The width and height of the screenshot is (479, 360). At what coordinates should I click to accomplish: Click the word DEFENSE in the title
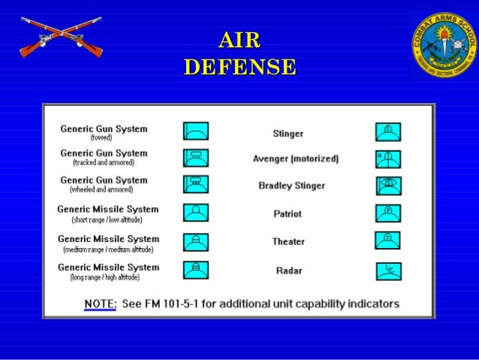pos(239,67)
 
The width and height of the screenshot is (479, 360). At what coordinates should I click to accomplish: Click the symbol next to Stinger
pos(388,132)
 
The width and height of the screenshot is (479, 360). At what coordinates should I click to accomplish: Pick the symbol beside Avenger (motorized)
pos(388,159)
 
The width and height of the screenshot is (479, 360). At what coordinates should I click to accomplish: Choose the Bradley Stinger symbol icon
pos(388,186)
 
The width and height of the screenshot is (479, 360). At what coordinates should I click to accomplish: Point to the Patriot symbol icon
pos(388,213)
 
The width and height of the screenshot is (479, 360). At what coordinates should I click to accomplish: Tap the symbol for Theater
pos(388,241)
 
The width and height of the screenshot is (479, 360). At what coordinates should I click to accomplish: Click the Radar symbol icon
pos(388,271)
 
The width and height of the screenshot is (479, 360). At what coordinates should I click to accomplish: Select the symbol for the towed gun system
pos(196,131)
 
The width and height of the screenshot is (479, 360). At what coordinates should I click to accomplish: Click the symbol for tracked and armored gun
pos(196,157)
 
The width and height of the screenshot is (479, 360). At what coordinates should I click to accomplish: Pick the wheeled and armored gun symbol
pos(196,184)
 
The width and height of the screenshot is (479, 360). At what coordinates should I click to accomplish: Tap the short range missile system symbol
pos(196,213)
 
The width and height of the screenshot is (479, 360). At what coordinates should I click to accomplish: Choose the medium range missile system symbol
pos(196,242)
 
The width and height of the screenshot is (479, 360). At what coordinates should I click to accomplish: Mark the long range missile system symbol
pos(196,270)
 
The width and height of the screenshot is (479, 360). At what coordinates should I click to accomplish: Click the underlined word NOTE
pos(100,304)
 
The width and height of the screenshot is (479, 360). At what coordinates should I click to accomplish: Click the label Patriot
pos(288,214)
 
